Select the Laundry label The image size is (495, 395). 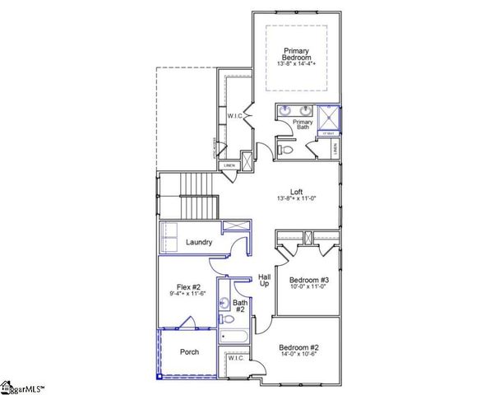pos(200,242)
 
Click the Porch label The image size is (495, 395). pos(188,351)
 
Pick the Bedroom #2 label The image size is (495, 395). pos(298,347)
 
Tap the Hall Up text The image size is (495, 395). pos(265,280)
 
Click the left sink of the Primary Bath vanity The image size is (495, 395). pos(286,110)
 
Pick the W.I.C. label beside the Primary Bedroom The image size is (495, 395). pos(234,115)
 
